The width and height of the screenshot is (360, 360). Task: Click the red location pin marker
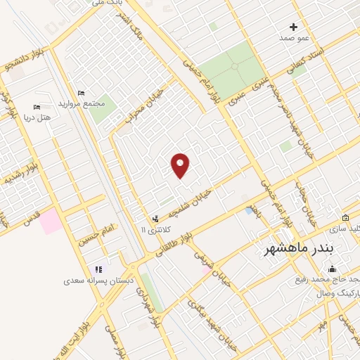coord(181,165)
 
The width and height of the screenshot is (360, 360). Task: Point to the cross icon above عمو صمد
coord(294,27)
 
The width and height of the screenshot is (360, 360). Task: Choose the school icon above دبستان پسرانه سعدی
coord(99,269)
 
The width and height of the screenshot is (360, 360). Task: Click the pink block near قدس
coord(51,222)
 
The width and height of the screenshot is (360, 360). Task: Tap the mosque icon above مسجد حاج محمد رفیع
coord(332,269)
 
